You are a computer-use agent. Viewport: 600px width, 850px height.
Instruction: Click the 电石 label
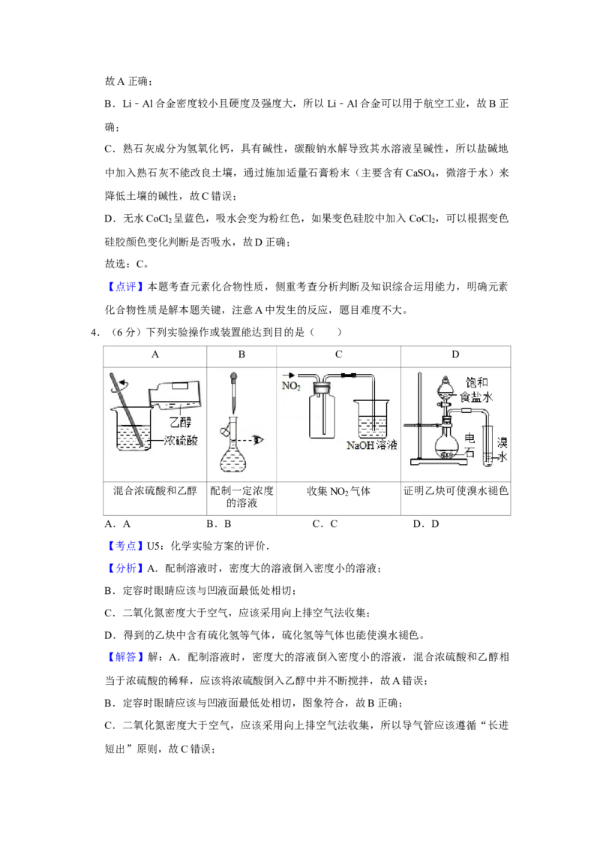[x=470, y=443]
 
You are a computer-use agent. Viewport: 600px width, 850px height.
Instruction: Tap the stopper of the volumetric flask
[x=226, y=431]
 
